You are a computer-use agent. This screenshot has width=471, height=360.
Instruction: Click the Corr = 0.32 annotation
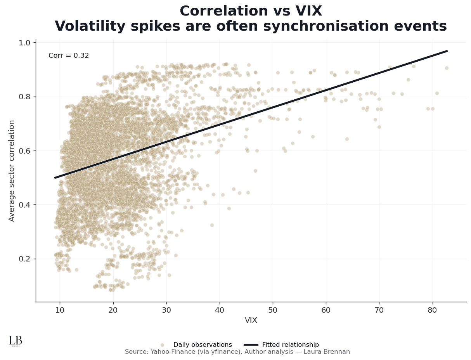69,56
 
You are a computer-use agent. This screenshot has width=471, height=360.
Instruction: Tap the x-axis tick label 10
60,310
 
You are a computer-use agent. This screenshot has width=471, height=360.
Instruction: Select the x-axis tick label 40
220,310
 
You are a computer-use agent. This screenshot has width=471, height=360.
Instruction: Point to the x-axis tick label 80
432,310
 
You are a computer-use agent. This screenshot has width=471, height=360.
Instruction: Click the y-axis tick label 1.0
24,43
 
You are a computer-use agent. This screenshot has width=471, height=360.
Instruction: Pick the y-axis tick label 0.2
24,259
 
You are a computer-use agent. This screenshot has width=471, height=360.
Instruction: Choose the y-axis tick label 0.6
24,151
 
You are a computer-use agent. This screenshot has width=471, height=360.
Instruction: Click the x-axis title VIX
251,320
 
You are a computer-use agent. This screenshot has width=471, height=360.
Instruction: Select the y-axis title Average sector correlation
12,171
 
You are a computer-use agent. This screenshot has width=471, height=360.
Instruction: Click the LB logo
16,341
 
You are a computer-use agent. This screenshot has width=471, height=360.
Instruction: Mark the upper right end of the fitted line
447,51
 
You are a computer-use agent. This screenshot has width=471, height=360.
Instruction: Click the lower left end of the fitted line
55,178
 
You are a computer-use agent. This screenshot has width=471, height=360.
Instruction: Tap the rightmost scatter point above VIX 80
447,68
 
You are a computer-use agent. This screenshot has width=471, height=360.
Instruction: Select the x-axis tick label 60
326,310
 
